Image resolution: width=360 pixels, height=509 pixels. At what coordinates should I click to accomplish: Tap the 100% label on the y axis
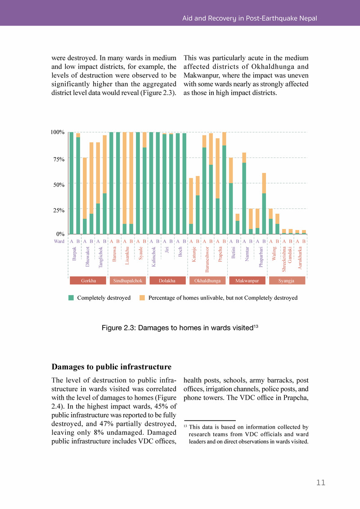pos(58,132)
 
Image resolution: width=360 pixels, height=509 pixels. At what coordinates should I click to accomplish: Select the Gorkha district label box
pos(88,281)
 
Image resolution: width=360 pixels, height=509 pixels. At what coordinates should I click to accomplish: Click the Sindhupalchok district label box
pos(128,281)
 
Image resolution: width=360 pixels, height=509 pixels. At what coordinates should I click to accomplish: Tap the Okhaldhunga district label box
pos(207,281)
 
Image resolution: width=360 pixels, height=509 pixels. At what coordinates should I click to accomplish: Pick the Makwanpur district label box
pos(247,281)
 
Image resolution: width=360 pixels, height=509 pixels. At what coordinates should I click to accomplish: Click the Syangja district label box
pos(287,281)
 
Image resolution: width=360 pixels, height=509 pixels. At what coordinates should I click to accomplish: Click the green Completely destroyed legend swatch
pos(71,298)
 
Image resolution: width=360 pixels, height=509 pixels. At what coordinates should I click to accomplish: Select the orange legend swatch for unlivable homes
pos(142,298)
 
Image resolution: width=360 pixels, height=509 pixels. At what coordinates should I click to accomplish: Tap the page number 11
pos(320,483)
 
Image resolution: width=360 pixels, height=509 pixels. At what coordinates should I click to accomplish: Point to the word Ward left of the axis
pos(59,241)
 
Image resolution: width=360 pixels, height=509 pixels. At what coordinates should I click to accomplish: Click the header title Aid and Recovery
pos(249,18)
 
